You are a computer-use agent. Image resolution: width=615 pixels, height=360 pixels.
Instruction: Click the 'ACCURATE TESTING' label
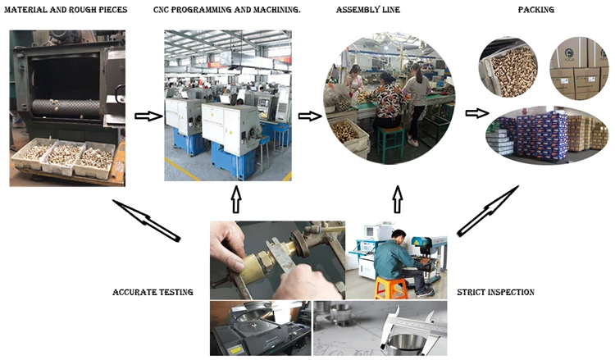pos(153,292)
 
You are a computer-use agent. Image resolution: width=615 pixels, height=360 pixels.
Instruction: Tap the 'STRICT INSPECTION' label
pos(495,292)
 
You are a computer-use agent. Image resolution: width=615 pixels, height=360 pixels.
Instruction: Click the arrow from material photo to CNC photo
pos(147,116)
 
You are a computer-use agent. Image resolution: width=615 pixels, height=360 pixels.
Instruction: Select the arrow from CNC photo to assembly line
pos(309,116)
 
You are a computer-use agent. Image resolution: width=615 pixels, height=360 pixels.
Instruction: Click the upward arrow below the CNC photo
pos(236,199)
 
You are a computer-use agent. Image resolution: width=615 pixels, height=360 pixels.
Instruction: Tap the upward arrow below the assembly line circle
pos(398,199)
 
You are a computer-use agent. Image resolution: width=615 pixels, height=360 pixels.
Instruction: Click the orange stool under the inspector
pos(392,286)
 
